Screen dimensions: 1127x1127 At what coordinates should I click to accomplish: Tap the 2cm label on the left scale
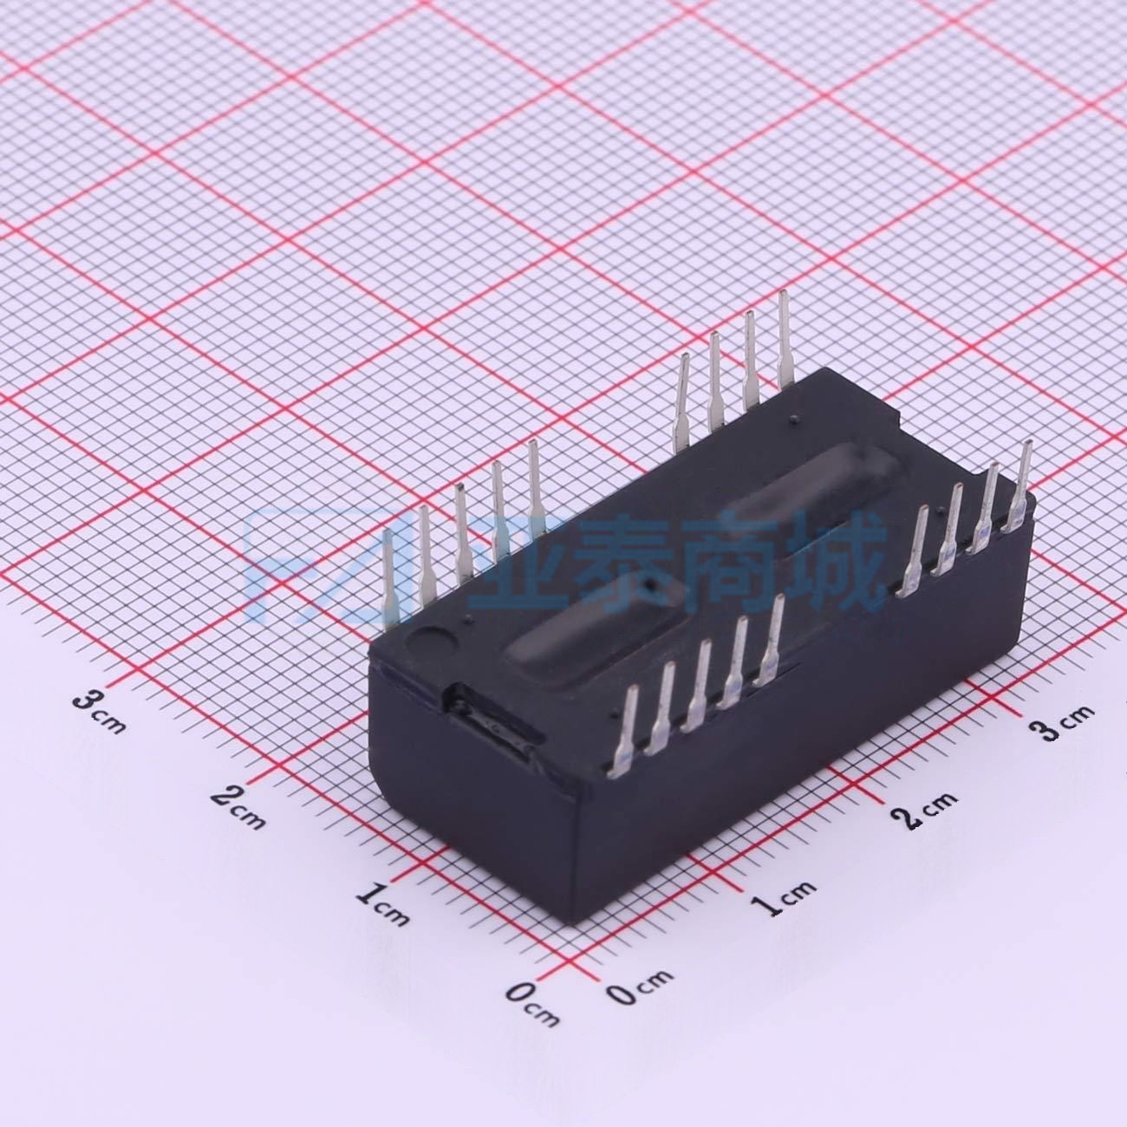click(x=238, y=808)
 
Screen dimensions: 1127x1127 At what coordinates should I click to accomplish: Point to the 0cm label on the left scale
click(x=532, y=1005)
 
